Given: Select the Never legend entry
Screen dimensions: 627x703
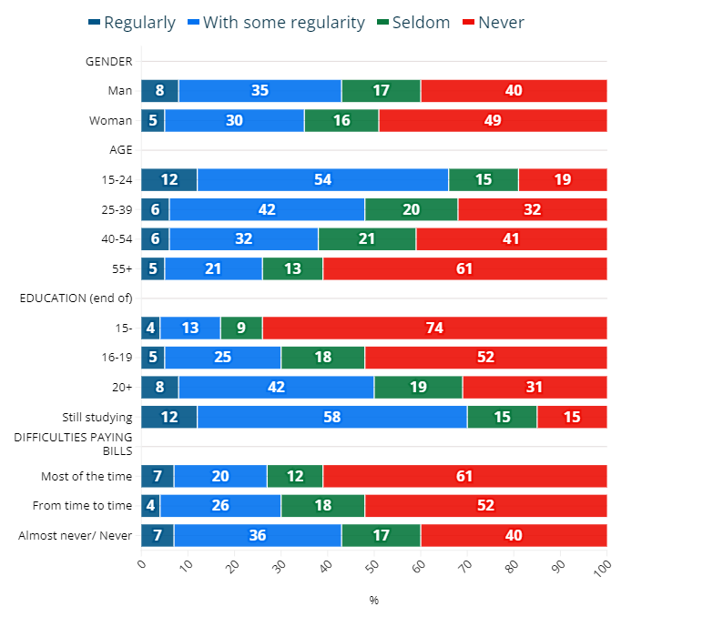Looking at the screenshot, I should point(492,22).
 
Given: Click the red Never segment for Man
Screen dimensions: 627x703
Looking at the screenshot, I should point(514,91).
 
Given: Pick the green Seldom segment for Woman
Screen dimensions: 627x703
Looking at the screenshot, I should point(341,121).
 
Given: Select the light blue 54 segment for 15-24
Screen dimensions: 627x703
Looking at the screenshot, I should point(322,179).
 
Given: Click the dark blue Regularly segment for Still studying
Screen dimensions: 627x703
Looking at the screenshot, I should point(168,417).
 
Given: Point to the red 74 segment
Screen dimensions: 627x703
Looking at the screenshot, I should point(434,328).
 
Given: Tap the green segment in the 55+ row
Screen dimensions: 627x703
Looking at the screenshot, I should point(292,268).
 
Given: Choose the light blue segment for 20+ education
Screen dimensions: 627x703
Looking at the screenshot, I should point(276,387).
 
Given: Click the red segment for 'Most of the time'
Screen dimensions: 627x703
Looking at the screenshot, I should point(464,476).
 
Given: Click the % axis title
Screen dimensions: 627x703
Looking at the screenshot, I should point(373,601).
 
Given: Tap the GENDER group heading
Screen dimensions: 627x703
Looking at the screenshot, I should point(108,62).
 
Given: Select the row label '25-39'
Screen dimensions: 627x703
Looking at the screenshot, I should point(117,210).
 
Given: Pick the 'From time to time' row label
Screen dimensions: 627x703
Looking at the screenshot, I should point(82,506).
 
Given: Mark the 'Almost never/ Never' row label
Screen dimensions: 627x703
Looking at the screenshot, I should point(76,536).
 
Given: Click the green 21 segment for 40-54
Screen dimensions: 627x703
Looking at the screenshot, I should point(367,239).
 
